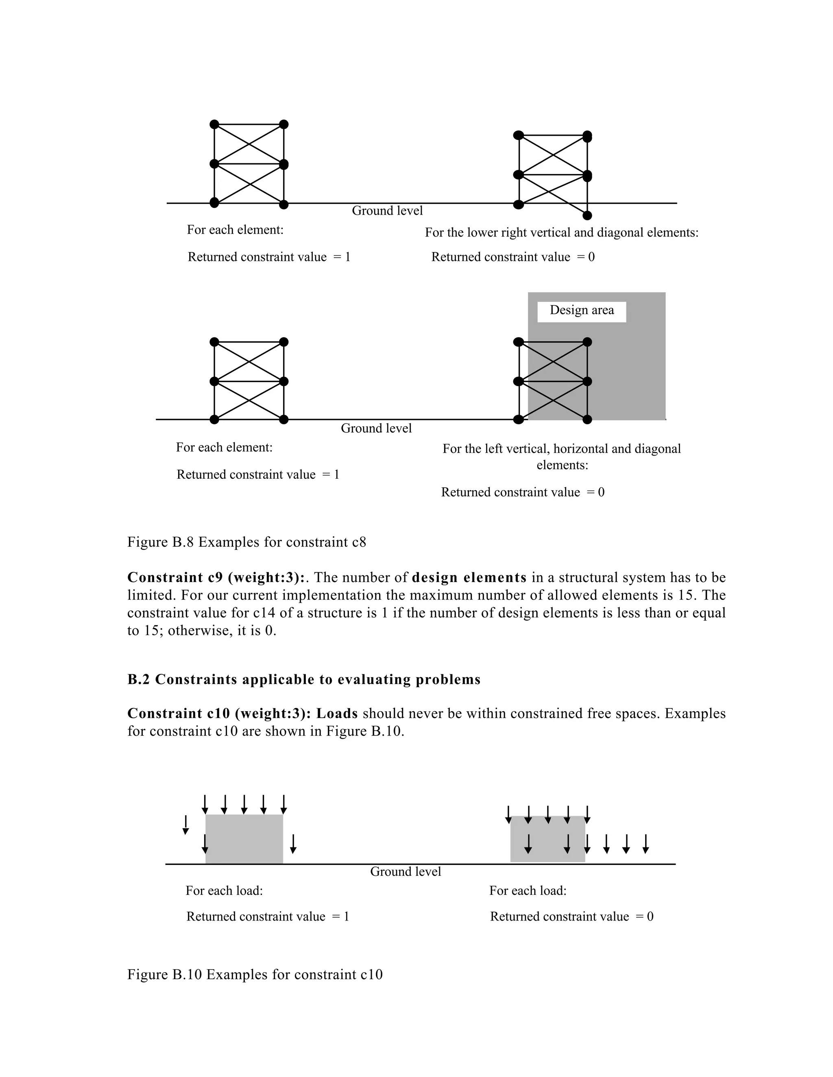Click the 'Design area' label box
tap(581, 311)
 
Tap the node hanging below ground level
tap(587, 215)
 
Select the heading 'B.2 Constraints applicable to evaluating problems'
tap(303, 680)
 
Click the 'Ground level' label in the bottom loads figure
tap(405, 872)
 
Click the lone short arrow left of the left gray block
tap(185, 825)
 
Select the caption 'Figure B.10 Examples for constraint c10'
tap(255, 975)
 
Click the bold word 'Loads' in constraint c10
tap(337, 714)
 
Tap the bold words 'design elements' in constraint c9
tap(469, 578)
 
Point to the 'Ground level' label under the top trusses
tap(387, 211)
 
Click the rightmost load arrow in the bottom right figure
tap(645, 844)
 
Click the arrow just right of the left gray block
tap(293, 844)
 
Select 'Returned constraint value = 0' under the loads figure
tap(571, 917)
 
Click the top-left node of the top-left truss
tap(214, 124)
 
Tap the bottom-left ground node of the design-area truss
tap(518, 420)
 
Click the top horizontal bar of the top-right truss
tap(553, 135)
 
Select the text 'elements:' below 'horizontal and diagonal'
tap(562, 465)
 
